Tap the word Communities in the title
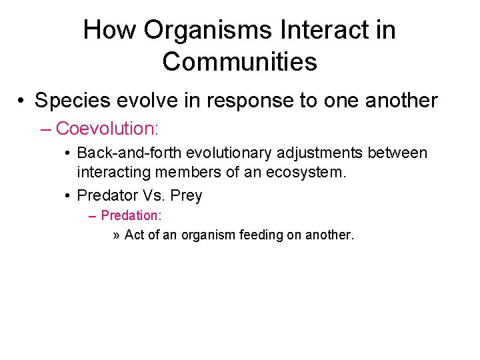(239, 61)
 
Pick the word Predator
(106, 195)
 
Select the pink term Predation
(131, 216)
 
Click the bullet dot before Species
(23, 101)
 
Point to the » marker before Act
(117, 235)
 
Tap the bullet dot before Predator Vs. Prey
(69, 195)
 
